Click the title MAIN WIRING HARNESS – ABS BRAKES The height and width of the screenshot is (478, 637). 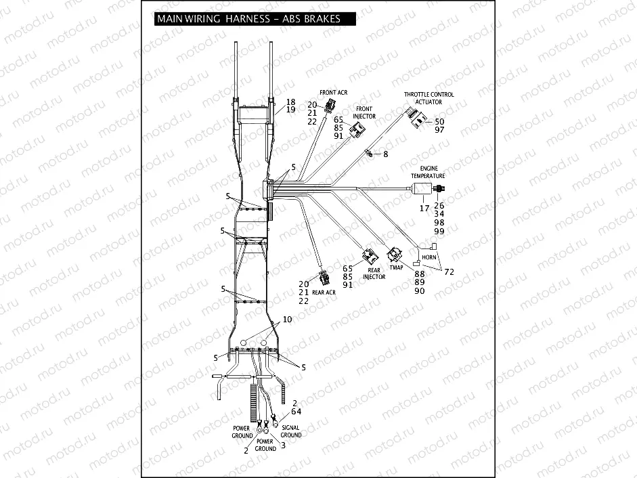click(248, 19)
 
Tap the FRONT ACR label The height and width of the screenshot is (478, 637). click(333, 92)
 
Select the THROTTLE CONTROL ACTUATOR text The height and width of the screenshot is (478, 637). click(429, 98)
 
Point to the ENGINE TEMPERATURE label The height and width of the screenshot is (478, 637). click(428, 171)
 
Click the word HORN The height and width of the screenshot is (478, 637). click(429, 258)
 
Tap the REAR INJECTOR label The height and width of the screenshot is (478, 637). click(374, 273)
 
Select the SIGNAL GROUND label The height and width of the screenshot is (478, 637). click(291, 431)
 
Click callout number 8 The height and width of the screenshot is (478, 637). click(385, 154)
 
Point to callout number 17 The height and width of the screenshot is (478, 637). click(424, 209)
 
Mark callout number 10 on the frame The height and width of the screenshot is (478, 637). click(287, 319)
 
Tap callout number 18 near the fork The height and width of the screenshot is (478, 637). click(290, 102)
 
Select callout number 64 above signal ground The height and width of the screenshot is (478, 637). click(296, 411)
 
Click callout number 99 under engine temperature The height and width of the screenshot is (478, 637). click(439, 232)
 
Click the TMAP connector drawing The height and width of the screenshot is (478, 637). click(394, 255)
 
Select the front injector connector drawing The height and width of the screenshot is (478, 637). click(357, 128)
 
